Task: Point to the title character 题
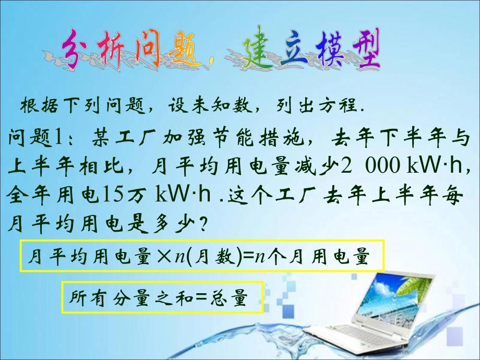[x=177, y=52]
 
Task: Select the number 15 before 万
[x=109, y=194]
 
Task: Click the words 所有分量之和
[x=123, y=298]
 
